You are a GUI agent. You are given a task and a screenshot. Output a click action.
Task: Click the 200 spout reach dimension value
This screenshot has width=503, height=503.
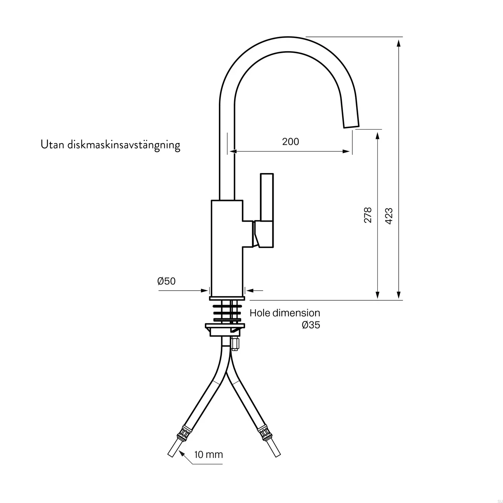290,142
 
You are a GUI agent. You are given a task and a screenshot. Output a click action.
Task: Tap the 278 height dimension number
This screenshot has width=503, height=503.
368,215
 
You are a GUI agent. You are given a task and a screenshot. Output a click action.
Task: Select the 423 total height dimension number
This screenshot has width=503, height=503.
389,216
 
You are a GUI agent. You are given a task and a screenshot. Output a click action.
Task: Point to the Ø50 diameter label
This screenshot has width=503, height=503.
166,281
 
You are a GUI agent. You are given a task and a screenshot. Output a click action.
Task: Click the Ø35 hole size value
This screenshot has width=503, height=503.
310,325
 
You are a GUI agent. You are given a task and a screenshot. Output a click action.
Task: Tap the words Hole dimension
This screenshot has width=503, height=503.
284,313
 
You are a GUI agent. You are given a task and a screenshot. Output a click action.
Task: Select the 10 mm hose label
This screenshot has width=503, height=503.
208,454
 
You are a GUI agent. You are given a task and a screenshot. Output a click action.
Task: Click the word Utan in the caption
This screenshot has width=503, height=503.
52,145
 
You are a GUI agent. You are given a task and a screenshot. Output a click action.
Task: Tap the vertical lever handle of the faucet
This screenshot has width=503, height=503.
267,198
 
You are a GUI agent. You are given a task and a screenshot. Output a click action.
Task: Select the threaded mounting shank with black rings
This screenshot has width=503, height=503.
227,312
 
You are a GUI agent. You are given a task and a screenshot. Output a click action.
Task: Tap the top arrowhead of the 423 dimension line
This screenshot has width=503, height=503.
399,42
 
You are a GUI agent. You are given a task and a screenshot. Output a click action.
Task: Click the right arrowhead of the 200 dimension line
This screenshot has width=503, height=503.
346,151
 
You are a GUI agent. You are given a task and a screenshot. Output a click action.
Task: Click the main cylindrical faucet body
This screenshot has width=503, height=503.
226,248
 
